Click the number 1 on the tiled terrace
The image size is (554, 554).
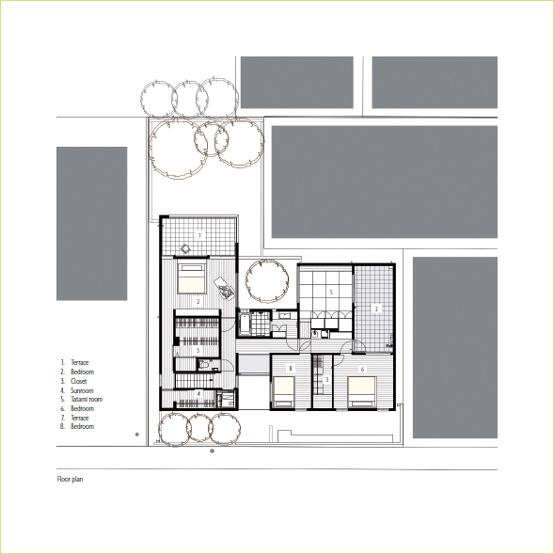(x=199, y=235)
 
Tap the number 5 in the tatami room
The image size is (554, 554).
(x=331, y=292)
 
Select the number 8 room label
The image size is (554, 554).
(x=291, y=369)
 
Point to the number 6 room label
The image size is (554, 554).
(x=362, y=370)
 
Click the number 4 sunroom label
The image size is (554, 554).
(x=198, y=393)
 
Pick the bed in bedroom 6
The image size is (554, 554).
(x=361, y=391)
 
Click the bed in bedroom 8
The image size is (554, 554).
(x=284, y=391)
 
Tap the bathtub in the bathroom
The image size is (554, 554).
(x=245, y=324)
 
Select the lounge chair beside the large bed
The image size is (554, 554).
(x=225, y=288)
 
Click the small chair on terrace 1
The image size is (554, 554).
(x=185, y=248)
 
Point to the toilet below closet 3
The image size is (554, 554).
(x=203, y=364)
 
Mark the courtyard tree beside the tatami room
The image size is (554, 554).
(x=267, y=281)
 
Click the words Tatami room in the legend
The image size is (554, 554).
(x=87, y=399)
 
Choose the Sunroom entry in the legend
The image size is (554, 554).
(x=82, y=390)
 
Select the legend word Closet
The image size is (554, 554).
(x=78, y=381)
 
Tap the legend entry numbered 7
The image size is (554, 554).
(x=74, y=418)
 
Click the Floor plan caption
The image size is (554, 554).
(x=70, y=479)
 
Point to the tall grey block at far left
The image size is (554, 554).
(x=92, y=224)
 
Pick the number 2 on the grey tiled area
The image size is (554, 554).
(x=376, y=309)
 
